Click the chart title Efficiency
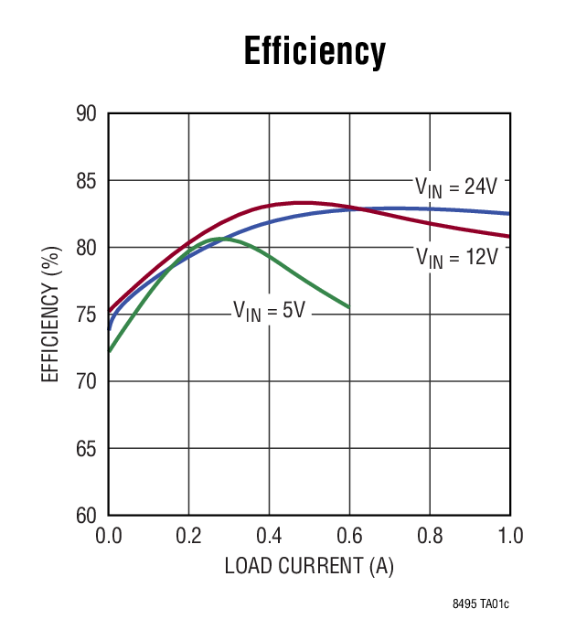pyautogui.click(x=315, y=51)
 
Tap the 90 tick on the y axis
pyautogui.click(x=86, y=113)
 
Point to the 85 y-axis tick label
pyautogui.click(x=86, y=181)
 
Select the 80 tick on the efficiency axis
pyautogui.click(x=86, y=248)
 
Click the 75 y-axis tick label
pyautogui.click(x=86, y=315)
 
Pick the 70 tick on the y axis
pyautogui.click(x=86, y=382)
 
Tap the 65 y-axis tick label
pyautogui.click(x=86, y=449)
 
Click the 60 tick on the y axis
pyautogui.click(x=86, y=516)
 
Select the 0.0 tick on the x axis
pyautogui.click(x=109, y=536)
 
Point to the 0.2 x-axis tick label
pyautogui.click(x=188, y=536)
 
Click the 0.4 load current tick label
pyautogui.click(x=269, y=536)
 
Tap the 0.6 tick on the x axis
pyautogui.click(x=350, y=536)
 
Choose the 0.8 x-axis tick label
pyautogui.click(x=430, y=536)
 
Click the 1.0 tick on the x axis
pyautogui.click(x=510, y=536)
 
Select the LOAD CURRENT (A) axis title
pyautogui.click(x=309, y=567)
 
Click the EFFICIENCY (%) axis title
pyautogui.click(x=50, y=315)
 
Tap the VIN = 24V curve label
pyautogui.click(x=456, y=187)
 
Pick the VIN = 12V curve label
pyautogui.click(x=457, y=258)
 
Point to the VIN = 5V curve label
pyautogui.click(x=269, y=311)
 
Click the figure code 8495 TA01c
pyautogui.click(x=481, y=604)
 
